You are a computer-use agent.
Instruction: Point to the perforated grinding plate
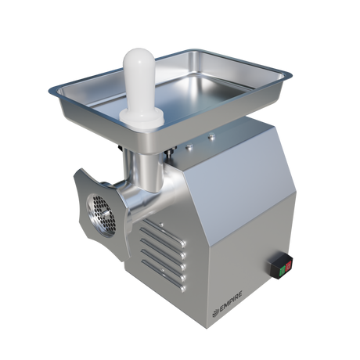(x=101, y=216)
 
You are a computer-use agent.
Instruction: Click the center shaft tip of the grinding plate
(x=106, y=213)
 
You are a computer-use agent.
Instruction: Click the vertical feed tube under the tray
(x=147, y=170)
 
